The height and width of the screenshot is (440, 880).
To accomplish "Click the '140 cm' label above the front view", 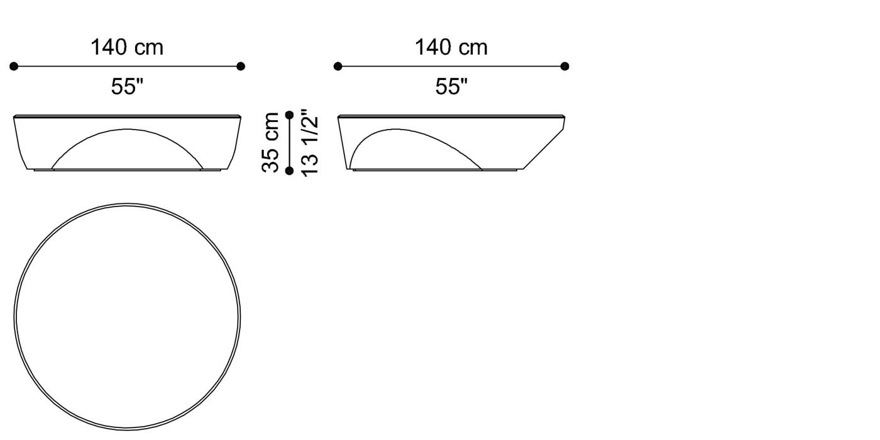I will tap(127, 47).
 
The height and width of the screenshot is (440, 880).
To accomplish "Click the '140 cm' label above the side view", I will tap(451, 47).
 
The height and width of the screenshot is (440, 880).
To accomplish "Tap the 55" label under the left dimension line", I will tap(128, 87).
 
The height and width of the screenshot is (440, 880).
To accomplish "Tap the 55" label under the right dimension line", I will tap(451, 87).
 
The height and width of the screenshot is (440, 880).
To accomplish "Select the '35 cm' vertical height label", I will tap(271, 142).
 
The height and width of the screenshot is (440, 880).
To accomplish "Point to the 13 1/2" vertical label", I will tap(310, 143).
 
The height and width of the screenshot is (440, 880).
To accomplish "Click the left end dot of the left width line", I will tap(14, 66).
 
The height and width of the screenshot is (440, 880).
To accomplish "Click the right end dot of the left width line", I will tap(241, 66).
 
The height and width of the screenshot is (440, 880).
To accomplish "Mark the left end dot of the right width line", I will tap(338, 66).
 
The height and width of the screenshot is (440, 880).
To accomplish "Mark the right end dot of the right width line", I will tap(564, 66).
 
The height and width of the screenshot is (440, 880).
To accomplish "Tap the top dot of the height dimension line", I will tap(289, 115).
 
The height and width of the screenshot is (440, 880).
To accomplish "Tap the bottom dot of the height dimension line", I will tap(289, 171).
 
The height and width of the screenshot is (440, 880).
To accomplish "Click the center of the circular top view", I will tap(128, 317).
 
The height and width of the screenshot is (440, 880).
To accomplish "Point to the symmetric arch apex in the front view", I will tap(128, 130).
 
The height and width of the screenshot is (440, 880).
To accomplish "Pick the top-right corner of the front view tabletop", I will tap(240, 116).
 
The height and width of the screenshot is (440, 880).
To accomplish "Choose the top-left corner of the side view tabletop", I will tap(338, 116).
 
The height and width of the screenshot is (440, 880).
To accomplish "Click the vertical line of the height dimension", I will tap(289, 143).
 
